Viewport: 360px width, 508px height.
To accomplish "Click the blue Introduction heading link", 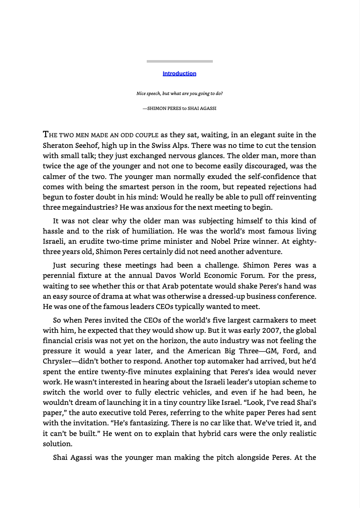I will pos(179,74).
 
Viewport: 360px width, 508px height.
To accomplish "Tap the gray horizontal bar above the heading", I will pos(180,61).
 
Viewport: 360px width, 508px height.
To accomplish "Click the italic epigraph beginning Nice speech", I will pos(179,93).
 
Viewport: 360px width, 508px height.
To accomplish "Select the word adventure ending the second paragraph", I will pos(264,252).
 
